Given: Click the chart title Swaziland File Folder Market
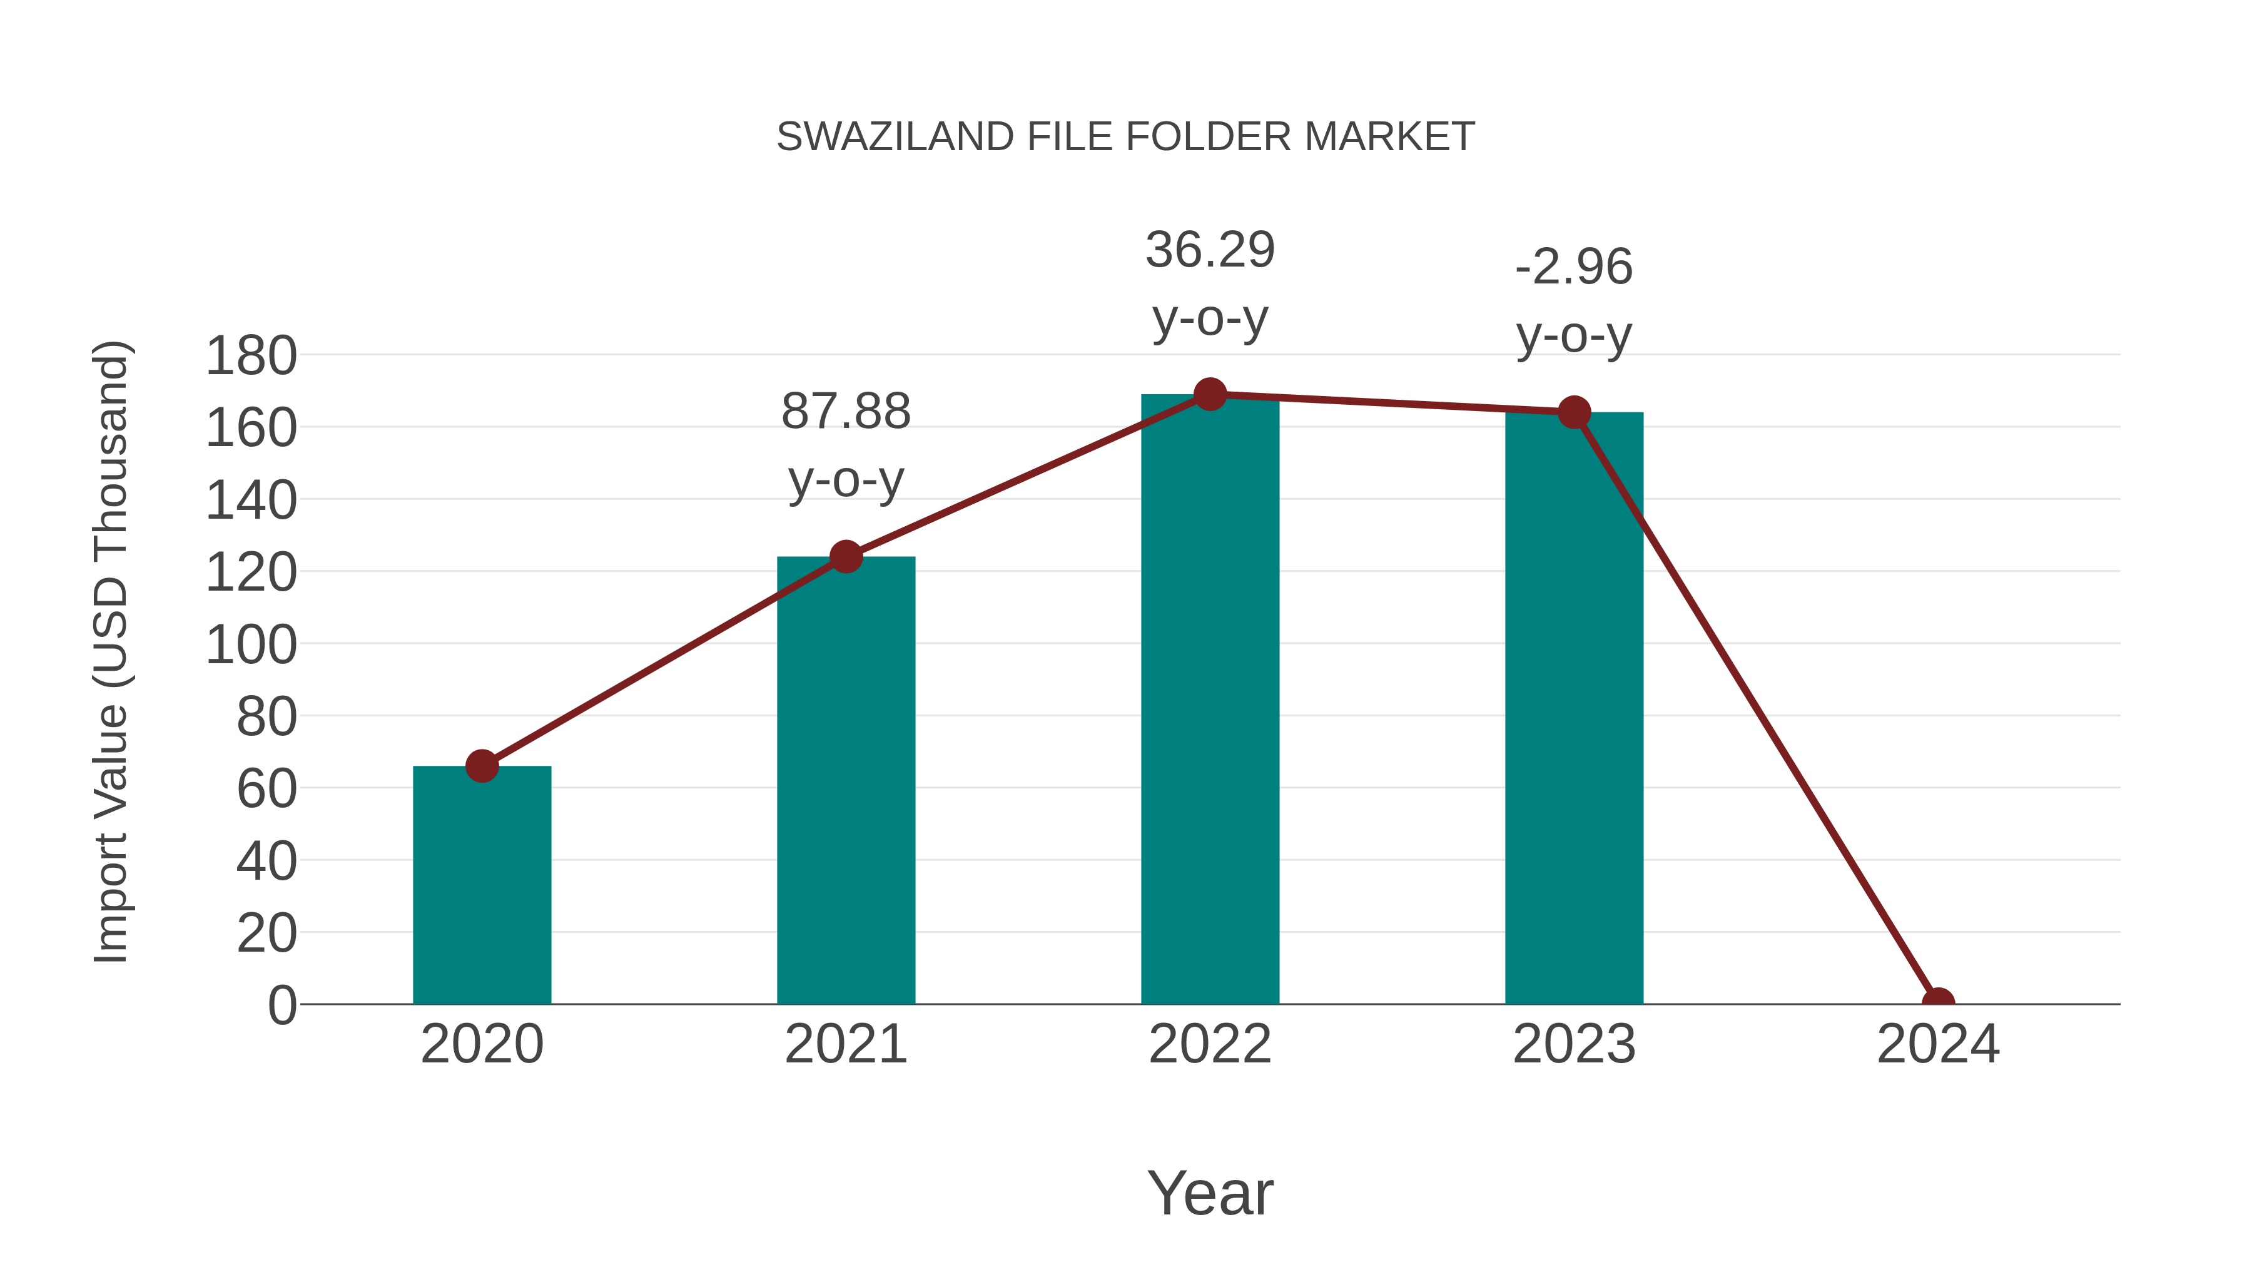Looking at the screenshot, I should (x=1125, y=137).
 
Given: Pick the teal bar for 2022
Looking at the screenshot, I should (x=1209, y=700).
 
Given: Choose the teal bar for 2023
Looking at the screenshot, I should (x=1574, y=708).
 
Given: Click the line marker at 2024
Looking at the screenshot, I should (x=1938, y=1002).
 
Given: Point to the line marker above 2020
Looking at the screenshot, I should (x=482, y=766).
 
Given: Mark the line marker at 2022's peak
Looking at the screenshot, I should (x=1210, y=394).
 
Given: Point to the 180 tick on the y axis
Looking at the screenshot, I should (x=251, y=356).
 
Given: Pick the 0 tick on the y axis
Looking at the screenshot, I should (x=281, y=1005).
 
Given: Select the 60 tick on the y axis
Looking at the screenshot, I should (x=266, y=789).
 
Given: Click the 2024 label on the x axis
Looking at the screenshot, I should (x=1938, y=1044).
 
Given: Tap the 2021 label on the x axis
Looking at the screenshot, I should (x=845, y=1044).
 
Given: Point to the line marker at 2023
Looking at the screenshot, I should (x=1574, y=412).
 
